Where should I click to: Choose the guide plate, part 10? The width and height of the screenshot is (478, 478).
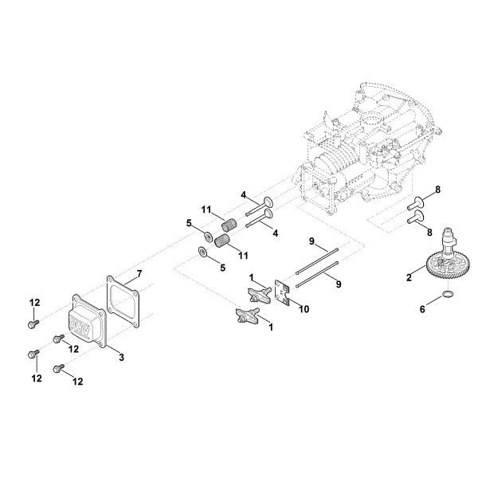pyautogui.click(x=282, y=292)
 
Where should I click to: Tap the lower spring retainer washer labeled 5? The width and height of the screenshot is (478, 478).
pyautogui.click(x=204, y=253)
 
